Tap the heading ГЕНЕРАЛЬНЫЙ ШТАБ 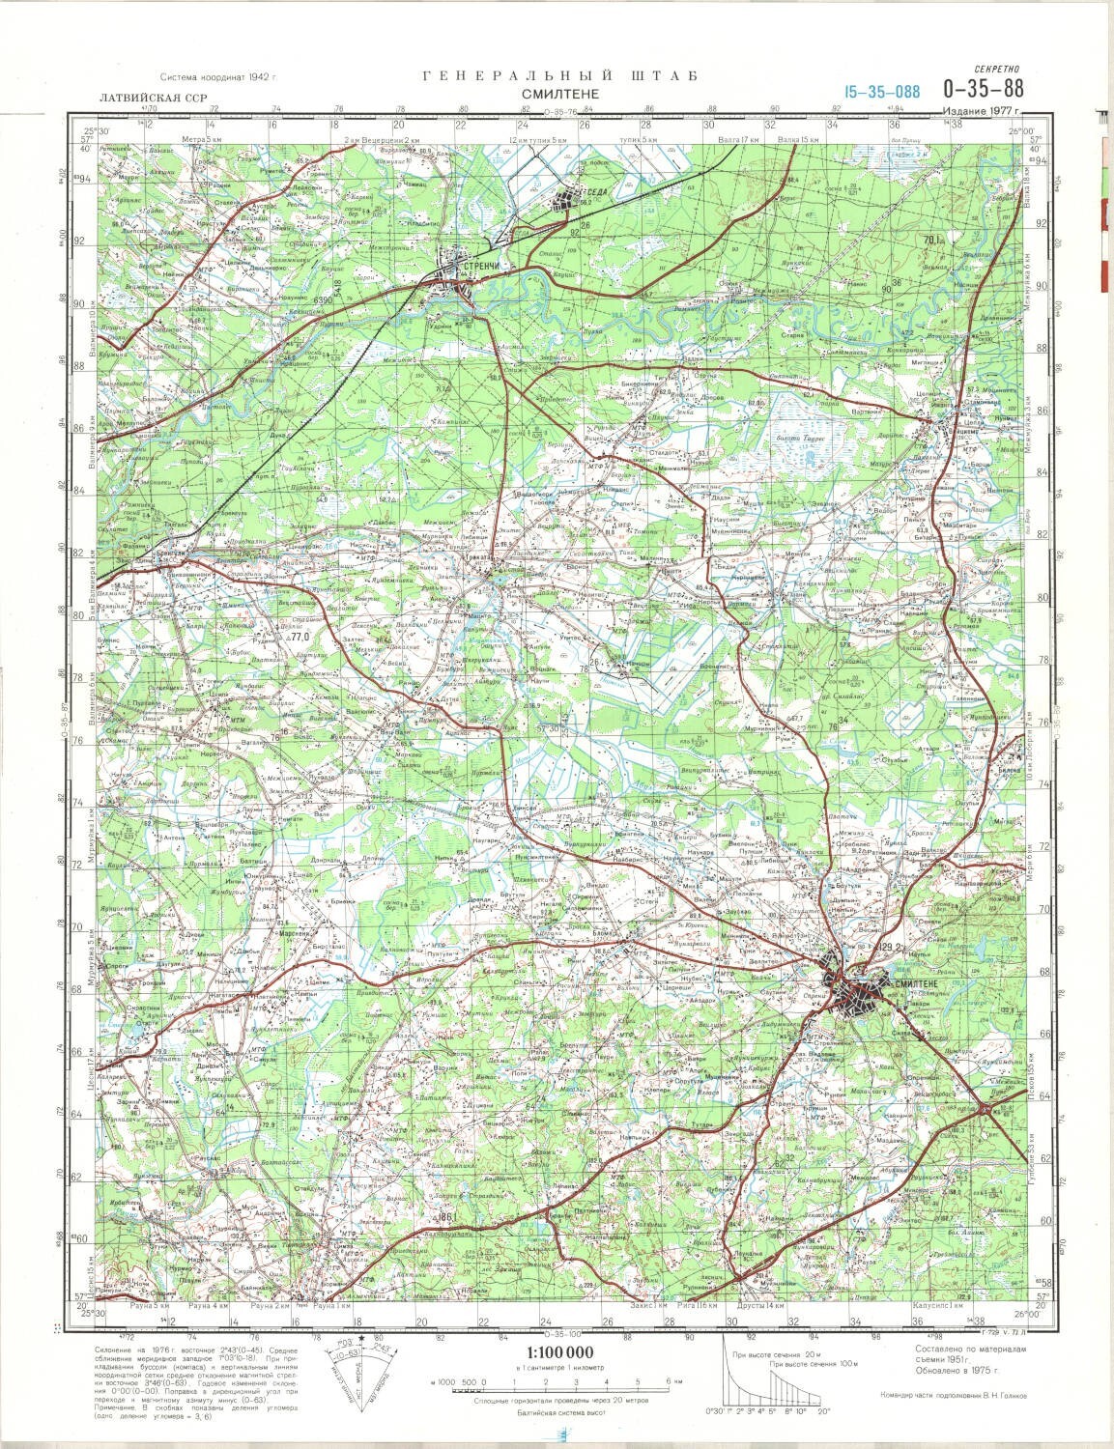[x=559, y=76]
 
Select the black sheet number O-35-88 [x=985, y=89]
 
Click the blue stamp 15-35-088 [x=880, y=92]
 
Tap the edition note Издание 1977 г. [x=985, y=111]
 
